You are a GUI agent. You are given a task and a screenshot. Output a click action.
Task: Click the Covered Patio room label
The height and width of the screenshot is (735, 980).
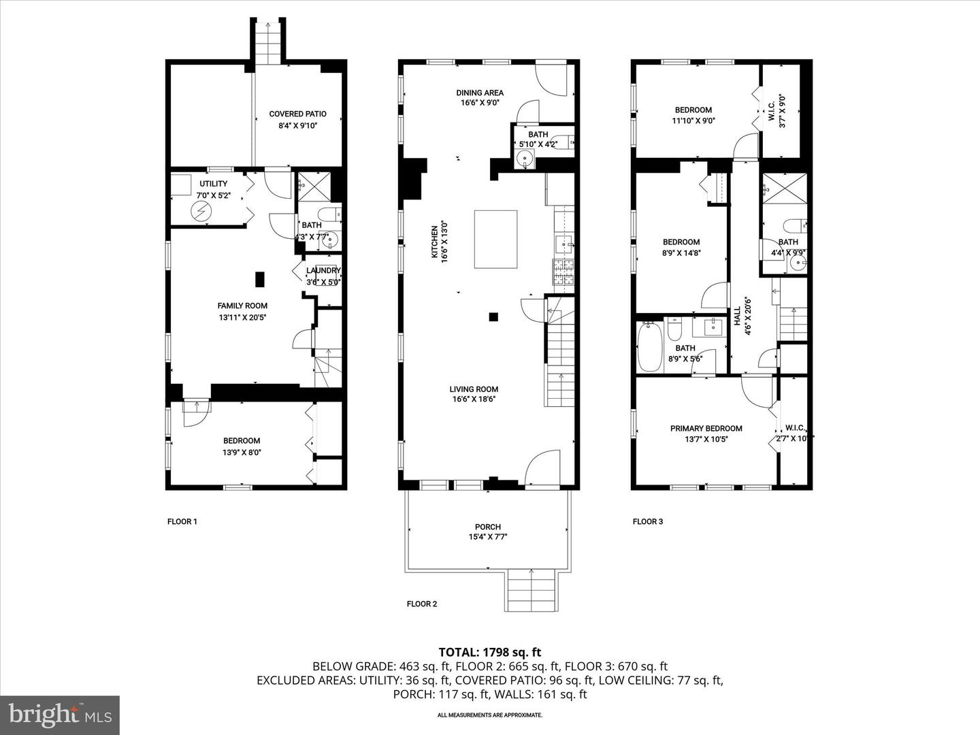click(297, 114)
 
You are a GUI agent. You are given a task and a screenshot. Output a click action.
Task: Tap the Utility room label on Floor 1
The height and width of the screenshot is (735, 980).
click(213, 184)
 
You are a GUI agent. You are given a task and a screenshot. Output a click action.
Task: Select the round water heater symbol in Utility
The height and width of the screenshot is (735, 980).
click(201, 212)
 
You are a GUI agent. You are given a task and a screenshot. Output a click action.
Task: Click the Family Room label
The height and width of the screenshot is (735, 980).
click(242, 306)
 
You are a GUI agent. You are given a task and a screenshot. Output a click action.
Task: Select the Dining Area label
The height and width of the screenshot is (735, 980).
click(480, 93)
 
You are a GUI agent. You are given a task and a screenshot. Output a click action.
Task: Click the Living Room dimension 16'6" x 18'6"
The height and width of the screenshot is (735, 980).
click(474, 399)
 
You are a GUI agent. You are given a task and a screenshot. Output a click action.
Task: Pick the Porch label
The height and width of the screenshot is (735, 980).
click(488, 527)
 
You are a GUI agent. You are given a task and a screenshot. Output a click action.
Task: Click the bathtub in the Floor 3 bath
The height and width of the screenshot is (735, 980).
click(649, 346)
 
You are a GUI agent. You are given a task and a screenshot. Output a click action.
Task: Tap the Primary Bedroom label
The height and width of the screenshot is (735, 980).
click(706, 429)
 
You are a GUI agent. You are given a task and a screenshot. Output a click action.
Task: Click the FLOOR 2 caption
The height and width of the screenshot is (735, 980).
click(422, 604)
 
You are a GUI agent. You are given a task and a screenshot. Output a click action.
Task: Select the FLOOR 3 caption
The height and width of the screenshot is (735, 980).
click(648, 522)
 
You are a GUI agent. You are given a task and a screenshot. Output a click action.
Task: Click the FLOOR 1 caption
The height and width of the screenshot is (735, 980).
click(182, 522)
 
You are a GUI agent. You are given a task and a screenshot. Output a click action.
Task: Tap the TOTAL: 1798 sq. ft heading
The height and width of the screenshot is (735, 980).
click(490, 653)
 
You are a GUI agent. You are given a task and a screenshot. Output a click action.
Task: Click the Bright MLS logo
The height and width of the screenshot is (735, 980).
click(60, 715)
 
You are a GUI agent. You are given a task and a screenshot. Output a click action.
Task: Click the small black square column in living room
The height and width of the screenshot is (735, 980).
click(493, 316)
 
